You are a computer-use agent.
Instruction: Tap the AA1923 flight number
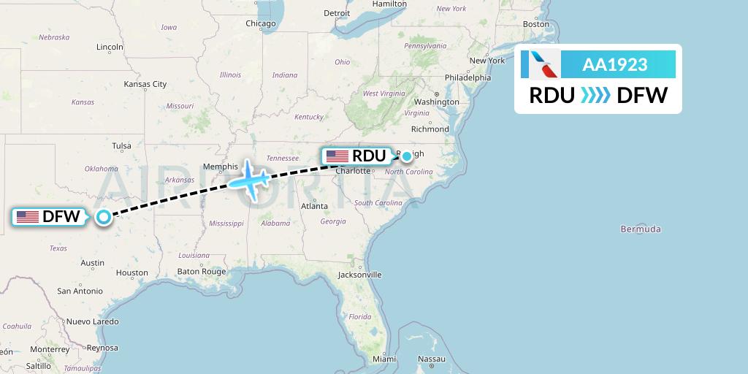tap(614, 64)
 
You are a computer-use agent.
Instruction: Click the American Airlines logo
tap(541, 64)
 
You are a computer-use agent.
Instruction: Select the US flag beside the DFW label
tap(27, 217)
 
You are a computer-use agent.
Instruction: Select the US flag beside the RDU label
tap(337, 156)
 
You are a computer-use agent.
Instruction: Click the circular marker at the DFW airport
tap(104, 216)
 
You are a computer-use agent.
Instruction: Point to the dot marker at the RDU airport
tap(406, 156)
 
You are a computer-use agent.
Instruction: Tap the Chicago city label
tap(261, 23)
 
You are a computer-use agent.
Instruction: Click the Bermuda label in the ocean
tap(641, 229)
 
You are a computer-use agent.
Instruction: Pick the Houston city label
tap(131, 272)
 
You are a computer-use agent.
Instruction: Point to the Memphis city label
tap(221, 167)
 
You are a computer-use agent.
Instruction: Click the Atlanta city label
tap(314, 206)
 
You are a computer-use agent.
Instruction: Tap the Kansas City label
tap(145, 84)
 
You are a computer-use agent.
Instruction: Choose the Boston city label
tap(535, 24)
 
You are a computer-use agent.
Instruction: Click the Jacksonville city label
tap(359, 275)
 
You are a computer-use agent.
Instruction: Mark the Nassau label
tap(432, 359)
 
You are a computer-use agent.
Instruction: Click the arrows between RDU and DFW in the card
tap(595, 96)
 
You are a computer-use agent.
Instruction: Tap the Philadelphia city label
tap(468, 77)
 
